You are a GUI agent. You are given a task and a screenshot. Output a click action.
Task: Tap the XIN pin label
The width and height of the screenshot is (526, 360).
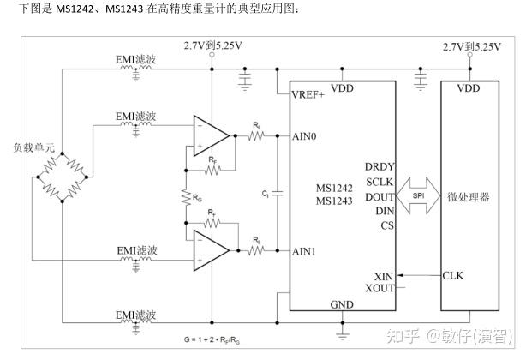click(384, 277)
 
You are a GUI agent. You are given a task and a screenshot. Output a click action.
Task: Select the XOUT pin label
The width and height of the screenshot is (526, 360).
click(380, 289)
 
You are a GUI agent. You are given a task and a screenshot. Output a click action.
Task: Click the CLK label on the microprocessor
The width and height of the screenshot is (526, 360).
click(452, 276)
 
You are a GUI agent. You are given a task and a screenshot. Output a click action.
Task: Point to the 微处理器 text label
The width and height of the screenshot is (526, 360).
click(469, 196)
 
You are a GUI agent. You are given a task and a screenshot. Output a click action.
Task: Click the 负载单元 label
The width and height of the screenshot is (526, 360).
click(34, 147)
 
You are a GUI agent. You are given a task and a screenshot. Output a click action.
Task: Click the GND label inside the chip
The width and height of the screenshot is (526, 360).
click(341, 305)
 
